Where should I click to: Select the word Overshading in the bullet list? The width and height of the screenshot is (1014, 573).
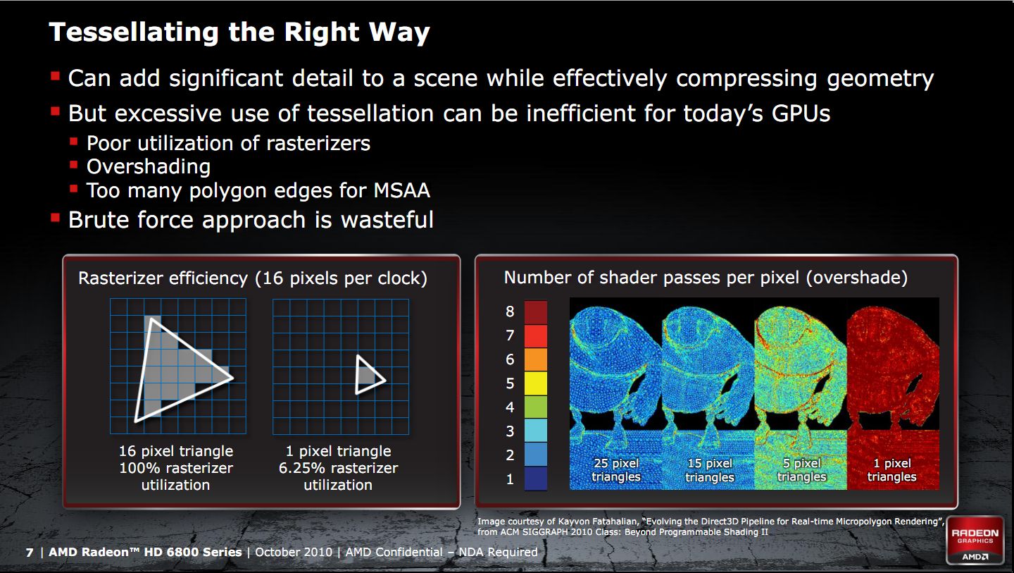[149, 167]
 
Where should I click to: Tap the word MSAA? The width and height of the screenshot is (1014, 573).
[401, 190]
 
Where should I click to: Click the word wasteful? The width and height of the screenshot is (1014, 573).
[387, 220]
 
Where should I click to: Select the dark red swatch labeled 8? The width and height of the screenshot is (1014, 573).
[535, 312]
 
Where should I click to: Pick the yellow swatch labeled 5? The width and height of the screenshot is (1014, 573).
[535, 383]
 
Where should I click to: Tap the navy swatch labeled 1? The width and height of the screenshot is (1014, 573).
[535, 479]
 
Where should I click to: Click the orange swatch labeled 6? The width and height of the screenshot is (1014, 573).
[535, 359]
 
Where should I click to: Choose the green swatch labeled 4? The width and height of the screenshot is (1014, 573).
[535, 407]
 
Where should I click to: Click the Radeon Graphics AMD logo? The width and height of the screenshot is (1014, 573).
[975, 541]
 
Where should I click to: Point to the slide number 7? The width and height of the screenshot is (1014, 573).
[30, 553]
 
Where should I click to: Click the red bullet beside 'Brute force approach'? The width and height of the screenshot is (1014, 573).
[55, 218]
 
